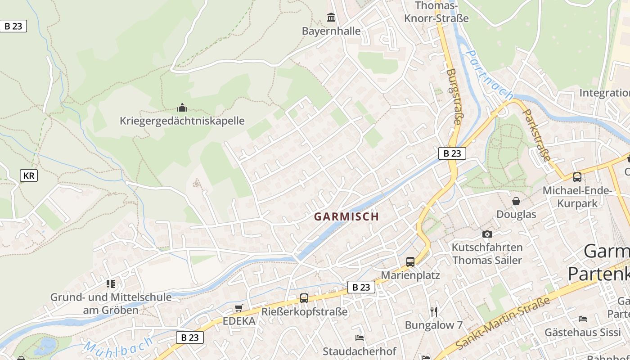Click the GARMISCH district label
point(346,216)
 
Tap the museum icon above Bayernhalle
point(331,18)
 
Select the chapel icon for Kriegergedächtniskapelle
point(182,108)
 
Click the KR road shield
point(29,175)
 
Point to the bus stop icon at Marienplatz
point(410,262)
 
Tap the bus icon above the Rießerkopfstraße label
point(304,298)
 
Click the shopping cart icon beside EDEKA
point(238,308)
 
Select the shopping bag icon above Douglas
point(516,201)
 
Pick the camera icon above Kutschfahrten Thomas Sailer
point(487,234)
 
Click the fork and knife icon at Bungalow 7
point(433,311)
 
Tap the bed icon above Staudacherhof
point(359,337)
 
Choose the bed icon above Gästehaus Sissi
point(582,319)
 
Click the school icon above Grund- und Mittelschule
point(111,283)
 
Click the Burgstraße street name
point(454,96)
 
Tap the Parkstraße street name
point(537,135)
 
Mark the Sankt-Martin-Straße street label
point(503,323)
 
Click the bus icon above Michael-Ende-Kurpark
point(577,177)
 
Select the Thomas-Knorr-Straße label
point(436,12)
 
